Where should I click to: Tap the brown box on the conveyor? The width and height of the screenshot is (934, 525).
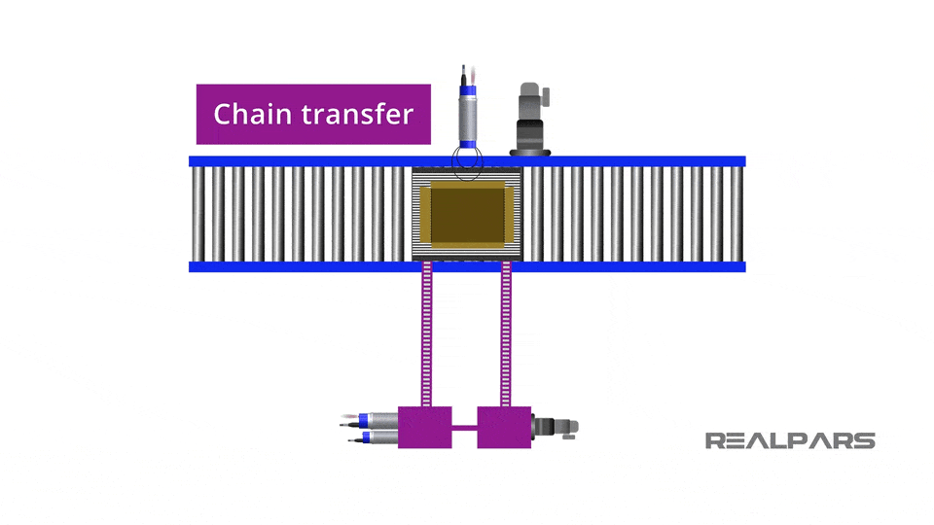point(467,215)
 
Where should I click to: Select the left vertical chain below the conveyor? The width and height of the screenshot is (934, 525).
point(426,335)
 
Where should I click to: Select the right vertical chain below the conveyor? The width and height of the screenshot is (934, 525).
point(506,335)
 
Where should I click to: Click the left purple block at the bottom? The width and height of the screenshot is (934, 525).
point(425,427)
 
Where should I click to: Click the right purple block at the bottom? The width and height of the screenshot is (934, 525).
point(504,427)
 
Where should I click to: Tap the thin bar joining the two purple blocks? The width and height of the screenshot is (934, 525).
point(465,427)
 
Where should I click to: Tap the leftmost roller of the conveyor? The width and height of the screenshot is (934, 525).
point(198,214)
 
